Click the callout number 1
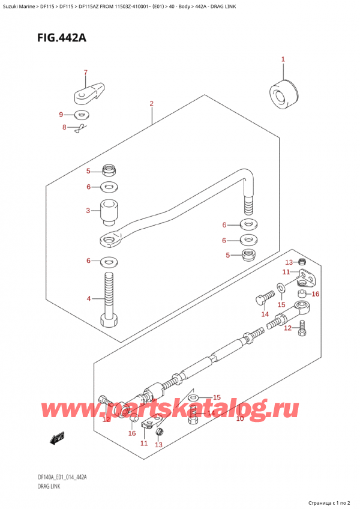click(283, 59)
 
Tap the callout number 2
click(152, 103)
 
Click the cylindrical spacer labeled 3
click(109, 211)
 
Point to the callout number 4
click(88, 298)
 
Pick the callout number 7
click(85, 73)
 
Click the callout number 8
click(65, 127)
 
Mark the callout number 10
click(239, 418)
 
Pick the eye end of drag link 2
click(108, 240)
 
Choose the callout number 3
click(88, 211)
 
